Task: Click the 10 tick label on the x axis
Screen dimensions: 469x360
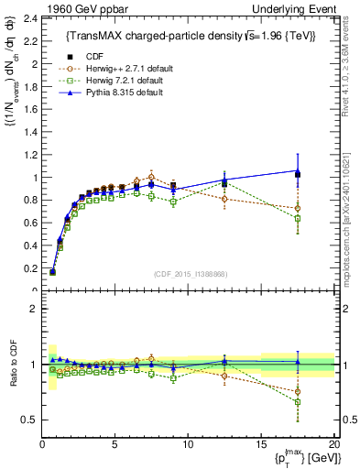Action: click(x=188, y=444)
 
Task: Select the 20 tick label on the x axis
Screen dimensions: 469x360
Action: click(x=333, y=444)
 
